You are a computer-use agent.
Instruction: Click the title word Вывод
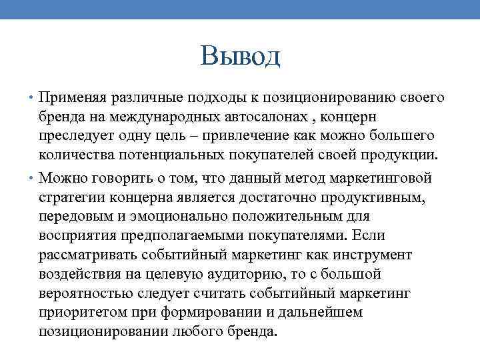point(240,57)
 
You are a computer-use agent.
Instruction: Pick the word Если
point(369,235)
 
